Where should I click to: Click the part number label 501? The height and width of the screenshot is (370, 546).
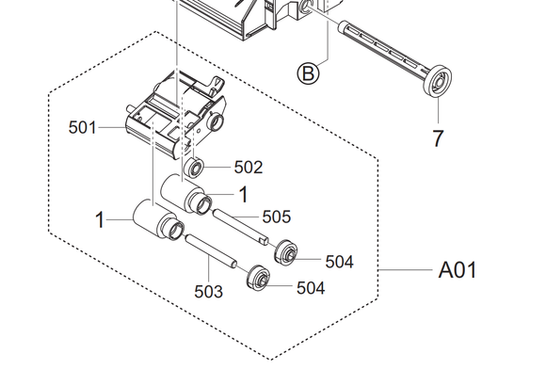click(82, 127)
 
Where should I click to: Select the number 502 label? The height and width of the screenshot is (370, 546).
click(249, 168)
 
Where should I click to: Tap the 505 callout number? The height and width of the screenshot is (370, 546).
click(277, 217)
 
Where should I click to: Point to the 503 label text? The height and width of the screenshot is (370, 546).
click(208, 292)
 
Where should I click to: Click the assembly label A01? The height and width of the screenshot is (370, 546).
click(458, 270)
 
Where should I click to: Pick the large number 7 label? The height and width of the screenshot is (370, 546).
click(439, 138)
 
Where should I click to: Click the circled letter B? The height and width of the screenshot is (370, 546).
click(308, 73)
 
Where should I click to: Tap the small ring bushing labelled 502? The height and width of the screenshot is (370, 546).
click(194, 168)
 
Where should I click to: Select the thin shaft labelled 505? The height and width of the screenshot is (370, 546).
click(241, 227)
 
